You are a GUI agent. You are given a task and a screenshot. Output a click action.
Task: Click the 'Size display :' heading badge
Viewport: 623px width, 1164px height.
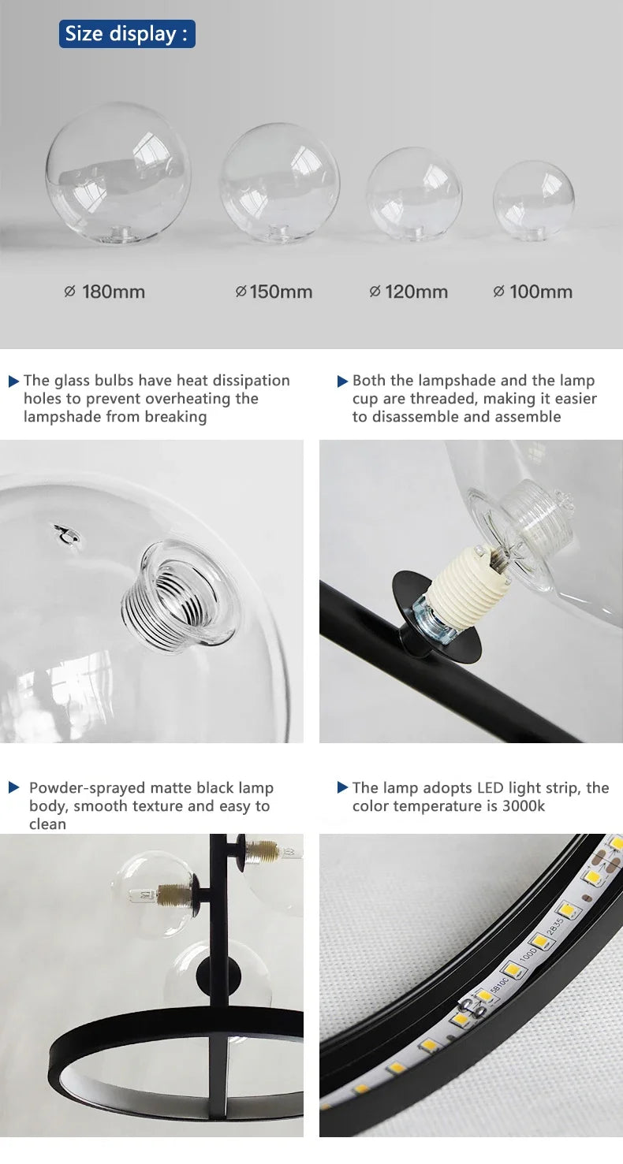click(127, 34)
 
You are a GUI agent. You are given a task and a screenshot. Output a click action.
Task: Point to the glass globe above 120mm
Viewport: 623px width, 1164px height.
click(414, 194)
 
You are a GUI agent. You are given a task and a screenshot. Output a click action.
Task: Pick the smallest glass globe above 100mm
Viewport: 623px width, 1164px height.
click(534, 200)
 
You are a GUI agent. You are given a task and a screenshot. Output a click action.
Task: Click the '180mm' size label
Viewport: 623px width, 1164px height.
click(105, 292)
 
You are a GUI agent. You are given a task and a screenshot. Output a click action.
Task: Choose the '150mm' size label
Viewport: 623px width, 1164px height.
click(274, 292)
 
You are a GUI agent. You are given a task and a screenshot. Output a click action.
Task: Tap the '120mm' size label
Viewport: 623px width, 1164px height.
click(408, 292)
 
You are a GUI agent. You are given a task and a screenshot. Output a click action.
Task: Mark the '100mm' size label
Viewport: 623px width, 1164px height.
click(533, 292)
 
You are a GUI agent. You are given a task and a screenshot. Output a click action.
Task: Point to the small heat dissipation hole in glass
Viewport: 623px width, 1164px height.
click(66, 535)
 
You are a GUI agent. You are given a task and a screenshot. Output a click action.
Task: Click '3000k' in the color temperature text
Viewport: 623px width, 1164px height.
click(524, 806)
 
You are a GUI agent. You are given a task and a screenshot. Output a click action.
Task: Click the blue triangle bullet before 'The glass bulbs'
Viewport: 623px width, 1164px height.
click(13, 381)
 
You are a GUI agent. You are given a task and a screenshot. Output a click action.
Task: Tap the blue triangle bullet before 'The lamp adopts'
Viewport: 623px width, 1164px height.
click(342, 788)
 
